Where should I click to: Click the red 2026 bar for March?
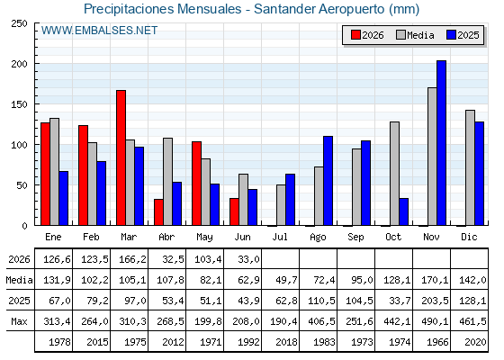(121, 157)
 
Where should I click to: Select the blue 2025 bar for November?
(441, 143)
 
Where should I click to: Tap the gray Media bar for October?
(395, 174)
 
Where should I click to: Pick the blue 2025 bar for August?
(328, 181)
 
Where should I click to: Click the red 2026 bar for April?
(158, 212)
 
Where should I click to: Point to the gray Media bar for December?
(470, 167)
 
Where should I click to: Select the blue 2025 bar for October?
(404, 211)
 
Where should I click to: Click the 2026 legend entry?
(367, 35)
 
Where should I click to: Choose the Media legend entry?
(415, 35)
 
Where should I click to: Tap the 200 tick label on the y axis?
(19, 64)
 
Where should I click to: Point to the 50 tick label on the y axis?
(22, 185)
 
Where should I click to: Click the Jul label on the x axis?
(280, 237)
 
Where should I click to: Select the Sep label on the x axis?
(355, 238)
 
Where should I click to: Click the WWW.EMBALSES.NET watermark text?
(99, 31)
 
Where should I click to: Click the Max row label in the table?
(19, 321)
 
